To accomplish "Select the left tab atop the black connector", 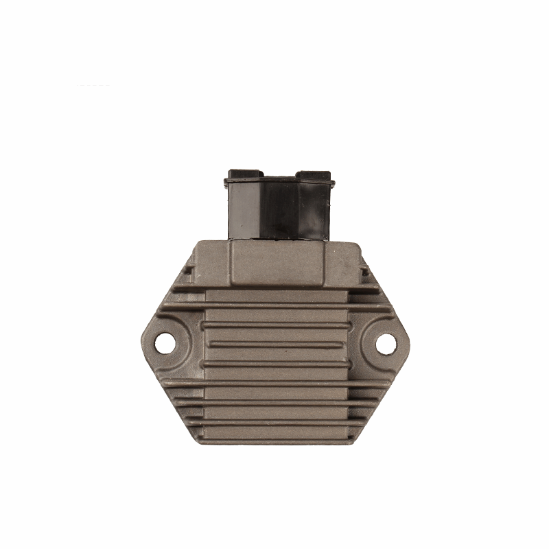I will pos(242,172).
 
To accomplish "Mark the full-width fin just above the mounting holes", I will pos(274,303).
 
